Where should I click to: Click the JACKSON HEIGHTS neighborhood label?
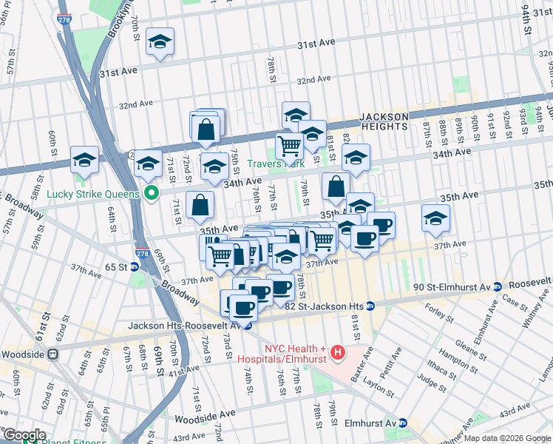click(x=384, y=121)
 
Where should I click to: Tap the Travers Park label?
click(x=274, y=164)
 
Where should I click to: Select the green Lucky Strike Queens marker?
click(x=152, y=195)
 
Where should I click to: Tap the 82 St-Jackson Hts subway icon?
click(x=370, y=306)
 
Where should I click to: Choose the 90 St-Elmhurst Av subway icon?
click(x=499, y=286)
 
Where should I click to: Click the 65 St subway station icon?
click(x=134, y=266)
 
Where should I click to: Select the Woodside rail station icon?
click(x=53, y=354)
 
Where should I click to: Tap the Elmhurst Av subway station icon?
click(x=403, y=423)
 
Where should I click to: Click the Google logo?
click(x=24, y=435)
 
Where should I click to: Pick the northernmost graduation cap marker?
click(x=159, y=43)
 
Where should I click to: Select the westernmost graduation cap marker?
click(x=84, y=160)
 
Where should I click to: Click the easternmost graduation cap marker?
click(x=435, y=218)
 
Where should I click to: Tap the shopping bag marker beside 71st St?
click(x=200, y=206)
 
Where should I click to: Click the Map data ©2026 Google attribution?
click(x=507, y=438)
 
